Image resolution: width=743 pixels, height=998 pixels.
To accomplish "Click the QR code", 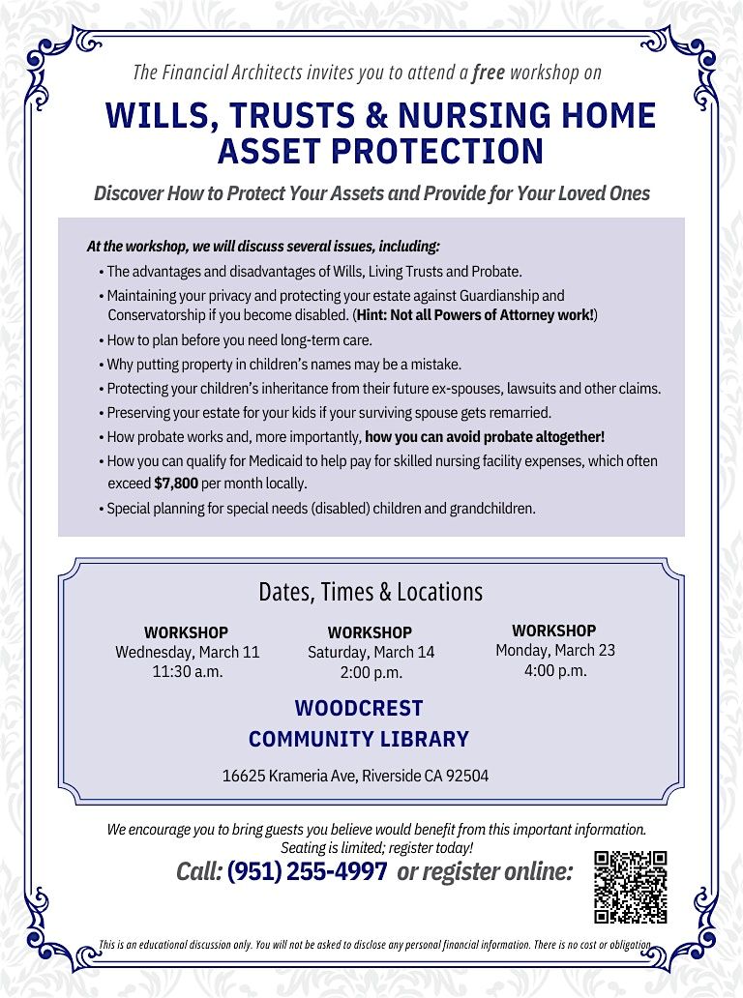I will pos(631,886).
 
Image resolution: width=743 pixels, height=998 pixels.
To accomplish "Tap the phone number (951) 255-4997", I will pos(308,871).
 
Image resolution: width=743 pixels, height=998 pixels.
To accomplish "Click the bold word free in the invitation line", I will pos(489,72).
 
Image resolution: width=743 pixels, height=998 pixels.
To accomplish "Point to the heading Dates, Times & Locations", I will pos(371,591).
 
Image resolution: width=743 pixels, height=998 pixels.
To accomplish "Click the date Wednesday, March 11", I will pos(188,652).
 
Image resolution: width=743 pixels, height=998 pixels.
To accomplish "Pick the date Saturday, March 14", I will pos(371,652).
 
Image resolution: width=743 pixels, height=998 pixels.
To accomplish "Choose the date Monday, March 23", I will pos(554,650).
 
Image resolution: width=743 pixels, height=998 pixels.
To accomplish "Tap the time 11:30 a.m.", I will pos(188,671).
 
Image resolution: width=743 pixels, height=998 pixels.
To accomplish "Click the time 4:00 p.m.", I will pos(554,669).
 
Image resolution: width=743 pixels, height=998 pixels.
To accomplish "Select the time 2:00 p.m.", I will pos(371,672).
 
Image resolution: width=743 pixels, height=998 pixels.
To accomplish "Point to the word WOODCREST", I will pos(359,708).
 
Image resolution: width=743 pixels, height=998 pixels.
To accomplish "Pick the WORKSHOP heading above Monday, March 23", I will pos(554,631).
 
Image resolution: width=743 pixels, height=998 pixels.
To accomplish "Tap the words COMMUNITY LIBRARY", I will pos(359,739).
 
